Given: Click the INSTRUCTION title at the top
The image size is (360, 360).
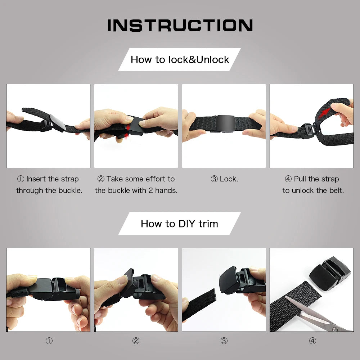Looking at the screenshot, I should (x=180, y=26).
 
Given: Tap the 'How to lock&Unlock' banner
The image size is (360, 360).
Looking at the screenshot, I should (x=180, y=59).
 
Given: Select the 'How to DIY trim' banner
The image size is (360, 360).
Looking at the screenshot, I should (x=179, y=224).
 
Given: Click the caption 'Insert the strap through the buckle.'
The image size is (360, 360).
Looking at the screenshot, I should (x=49, y=185).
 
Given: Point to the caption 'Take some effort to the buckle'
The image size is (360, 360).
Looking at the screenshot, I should (x=136, y=185).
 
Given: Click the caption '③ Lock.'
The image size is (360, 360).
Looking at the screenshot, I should (x=224, y=179).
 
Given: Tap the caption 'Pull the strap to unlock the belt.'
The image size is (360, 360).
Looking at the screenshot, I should (x=313, y=185).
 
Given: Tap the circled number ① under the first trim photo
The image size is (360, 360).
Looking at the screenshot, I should (x=49, y=341).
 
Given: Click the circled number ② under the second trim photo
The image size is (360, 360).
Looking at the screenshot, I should (x=136, y=341).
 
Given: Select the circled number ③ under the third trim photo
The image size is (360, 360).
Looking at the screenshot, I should (x=224, y=341).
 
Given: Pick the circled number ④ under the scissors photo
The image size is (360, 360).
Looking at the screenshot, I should (x=312, y=341).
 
